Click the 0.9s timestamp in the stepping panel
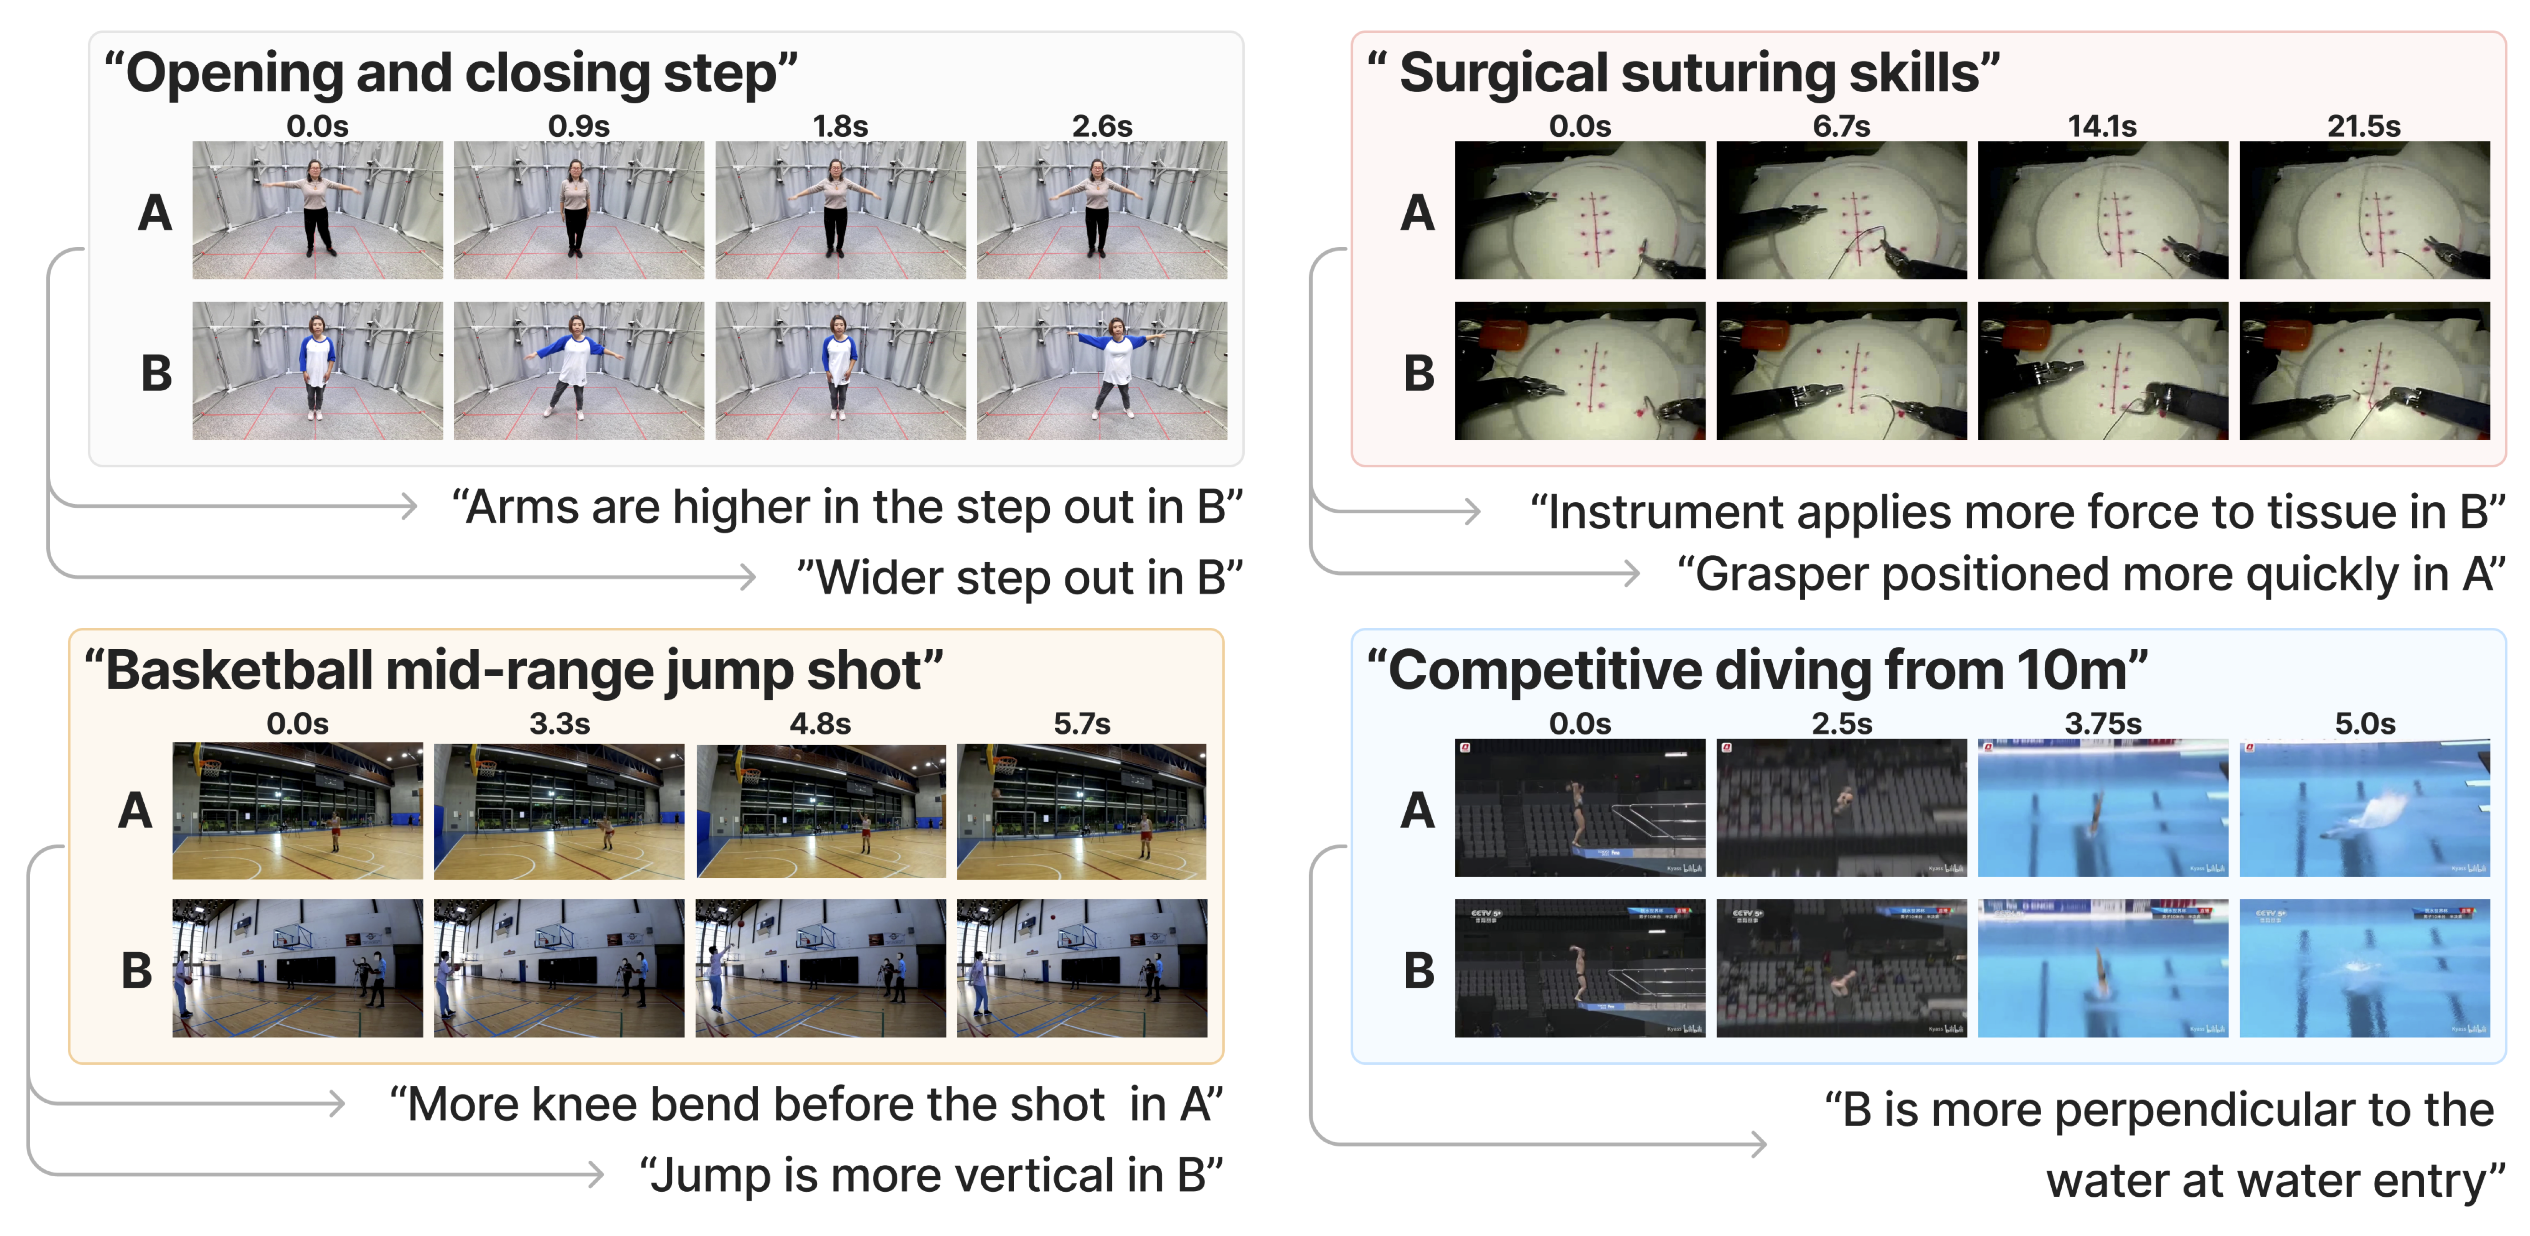click(x=578, y=127)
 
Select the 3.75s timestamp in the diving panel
click(x=2103, y=724)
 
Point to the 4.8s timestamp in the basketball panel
click(x=820, y=724)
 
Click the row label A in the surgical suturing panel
click(x=1417, y=213)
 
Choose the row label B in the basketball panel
click(x=136, y=971)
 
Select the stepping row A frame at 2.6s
click(x=1102, y=210)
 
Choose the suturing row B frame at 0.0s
click(x=1579, y=371)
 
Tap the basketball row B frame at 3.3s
click(x=559, y=968)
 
